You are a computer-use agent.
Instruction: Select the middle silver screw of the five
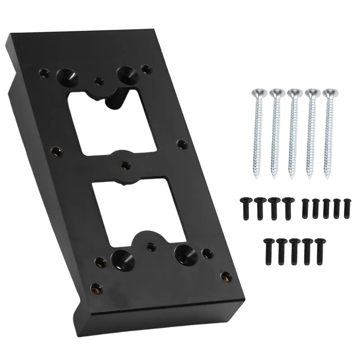[x=293, y=130]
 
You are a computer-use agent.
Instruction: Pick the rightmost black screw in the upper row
[x=346, y=205]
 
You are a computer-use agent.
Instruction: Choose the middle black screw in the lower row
[x=295, y=248]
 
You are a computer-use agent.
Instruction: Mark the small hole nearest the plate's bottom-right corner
[x=224, y=276]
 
